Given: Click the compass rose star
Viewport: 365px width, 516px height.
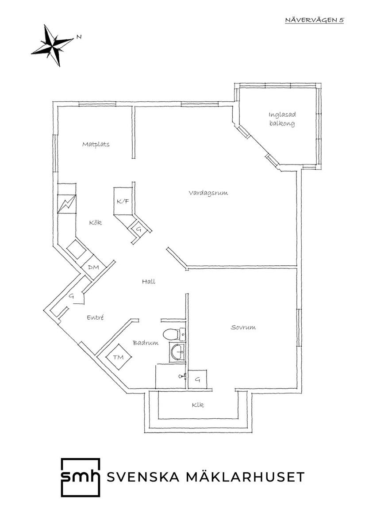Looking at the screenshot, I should tap(53, 45).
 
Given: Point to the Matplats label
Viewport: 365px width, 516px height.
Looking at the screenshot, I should tap(96, 144).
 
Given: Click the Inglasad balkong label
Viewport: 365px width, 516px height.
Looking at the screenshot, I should tap(282, 119).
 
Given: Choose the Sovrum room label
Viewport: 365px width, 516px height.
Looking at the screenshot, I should tap(243, 328).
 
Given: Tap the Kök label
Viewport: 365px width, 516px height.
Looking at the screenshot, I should tap(95, 222).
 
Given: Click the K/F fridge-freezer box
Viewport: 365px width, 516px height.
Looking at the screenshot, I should tap(123, 201).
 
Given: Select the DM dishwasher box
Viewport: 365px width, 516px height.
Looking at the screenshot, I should tap(93, 268).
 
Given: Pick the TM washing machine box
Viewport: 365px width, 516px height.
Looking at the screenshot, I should tap(118, 357).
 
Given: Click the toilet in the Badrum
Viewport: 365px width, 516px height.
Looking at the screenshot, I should tap(171, 335).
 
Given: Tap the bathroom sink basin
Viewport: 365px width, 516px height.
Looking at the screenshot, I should tap(177, 352).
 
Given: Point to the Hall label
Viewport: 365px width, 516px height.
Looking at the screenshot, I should tap(149, 281).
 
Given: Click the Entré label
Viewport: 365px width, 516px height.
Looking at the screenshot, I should tap(96, 317).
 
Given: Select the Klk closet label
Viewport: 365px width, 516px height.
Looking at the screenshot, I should tap(198, 405).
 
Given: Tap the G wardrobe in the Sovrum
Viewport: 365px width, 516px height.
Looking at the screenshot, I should tap(198, 379).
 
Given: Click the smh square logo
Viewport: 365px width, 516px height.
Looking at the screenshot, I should tap(80, 478).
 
